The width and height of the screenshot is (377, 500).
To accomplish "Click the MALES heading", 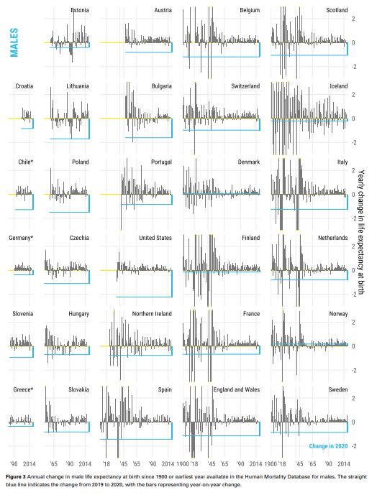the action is (x=14, y=42).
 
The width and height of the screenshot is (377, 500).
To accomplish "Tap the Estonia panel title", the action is (x=79, y=10).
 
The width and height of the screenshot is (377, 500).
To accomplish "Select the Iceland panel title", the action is (x=338, y=86).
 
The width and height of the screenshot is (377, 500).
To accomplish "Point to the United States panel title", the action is (x=155, y=238).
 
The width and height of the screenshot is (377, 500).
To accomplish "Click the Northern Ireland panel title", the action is (x=152, y=314).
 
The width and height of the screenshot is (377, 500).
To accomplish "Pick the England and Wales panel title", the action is (x=237, y=389).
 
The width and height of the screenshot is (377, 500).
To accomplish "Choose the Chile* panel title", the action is (x=25, y=162).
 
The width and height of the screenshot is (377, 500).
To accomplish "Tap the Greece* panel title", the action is (x=23, y=389).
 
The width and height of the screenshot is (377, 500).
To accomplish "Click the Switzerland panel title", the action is (x=245, y=86).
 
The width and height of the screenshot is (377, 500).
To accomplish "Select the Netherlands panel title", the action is (x=332, y=238).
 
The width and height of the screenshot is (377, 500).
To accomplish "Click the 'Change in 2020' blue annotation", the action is (x=328, y=446).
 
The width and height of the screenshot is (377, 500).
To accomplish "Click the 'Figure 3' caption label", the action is (x=15, y=477).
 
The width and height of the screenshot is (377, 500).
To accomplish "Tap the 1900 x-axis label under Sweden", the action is (x=271, y=464).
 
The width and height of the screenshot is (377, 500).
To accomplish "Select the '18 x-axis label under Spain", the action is (x=106, y=464).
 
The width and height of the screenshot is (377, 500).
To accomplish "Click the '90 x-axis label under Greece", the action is (x=14, y=464).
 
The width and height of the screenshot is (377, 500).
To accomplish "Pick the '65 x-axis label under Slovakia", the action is (x=53, y=464).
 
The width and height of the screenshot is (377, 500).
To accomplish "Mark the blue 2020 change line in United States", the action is (x=144, y=297).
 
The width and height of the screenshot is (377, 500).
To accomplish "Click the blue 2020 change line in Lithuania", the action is (x=70, y=139).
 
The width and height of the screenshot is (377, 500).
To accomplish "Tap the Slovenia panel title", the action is (x=23, y=314).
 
